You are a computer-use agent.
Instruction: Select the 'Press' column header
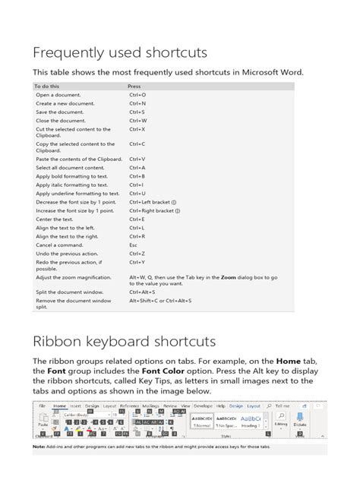point(134,87)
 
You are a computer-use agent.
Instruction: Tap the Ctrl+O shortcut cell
point(137,95)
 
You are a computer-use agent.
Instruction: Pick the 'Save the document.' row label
point(59,112)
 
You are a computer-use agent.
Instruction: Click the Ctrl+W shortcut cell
point(138,120)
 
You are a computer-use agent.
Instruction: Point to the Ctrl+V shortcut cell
point(137,159)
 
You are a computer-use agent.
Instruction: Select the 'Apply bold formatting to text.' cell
point(72,175)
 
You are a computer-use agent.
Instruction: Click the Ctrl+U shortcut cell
point(137,193)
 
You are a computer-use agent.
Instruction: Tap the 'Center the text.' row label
point(54,219)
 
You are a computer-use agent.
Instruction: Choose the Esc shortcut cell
point(133,245)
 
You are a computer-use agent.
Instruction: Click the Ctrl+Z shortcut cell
point(137,254)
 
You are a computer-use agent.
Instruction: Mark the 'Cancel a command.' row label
point(58,245)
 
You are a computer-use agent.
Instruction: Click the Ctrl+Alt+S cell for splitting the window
point(143,292)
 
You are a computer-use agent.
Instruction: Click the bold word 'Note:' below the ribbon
point(39,446)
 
